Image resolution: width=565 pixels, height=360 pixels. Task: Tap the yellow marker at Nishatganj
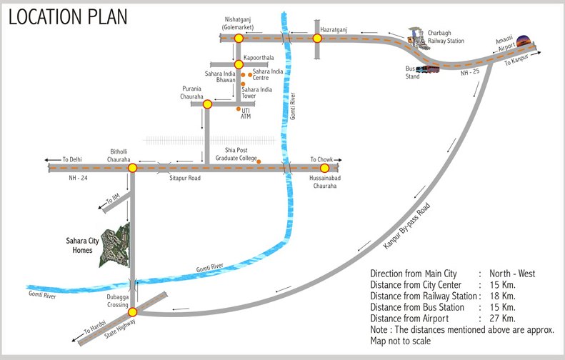point(239,39)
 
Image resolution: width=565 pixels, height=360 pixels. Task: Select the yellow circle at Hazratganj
point(317,39)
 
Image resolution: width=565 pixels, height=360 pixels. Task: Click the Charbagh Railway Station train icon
point(416,38)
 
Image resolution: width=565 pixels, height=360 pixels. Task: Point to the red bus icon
point(426,69)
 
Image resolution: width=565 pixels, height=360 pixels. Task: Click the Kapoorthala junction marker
point(239,65)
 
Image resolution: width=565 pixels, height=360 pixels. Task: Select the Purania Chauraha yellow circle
point(207,104)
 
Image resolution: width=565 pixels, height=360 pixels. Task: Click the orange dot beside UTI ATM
point(238,109)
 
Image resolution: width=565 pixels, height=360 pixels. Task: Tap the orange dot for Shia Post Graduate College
point(259,161)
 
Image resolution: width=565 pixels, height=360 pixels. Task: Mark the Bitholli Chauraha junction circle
point(132,169)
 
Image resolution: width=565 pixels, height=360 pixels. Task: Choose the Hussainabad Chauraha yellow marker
point(324,169)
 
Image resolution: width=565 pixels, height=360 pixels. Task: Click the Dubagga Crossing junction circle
point(132,312)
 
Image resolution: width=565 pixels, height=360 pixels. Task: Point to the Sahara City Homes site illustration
point(115,246)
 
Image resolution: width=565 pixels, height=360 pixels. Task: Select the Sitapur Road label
point(184,179)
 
